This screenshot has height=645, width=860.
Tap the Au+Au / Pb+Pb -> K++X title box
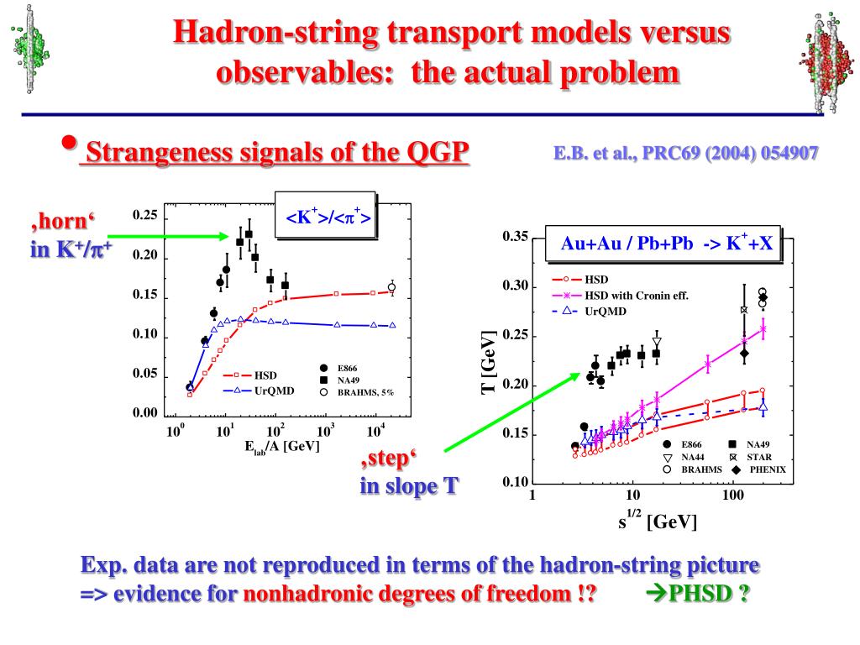point(664,244)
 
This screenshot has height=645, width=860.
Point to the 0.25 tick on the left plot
point(145,216)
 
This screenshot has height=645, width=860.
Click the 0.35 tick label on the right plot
point(515,238)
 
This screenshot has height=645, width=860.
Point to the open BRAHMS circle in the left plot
point(391,287)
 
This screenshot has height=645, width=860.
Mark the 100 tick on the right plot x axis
point(733,495)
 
